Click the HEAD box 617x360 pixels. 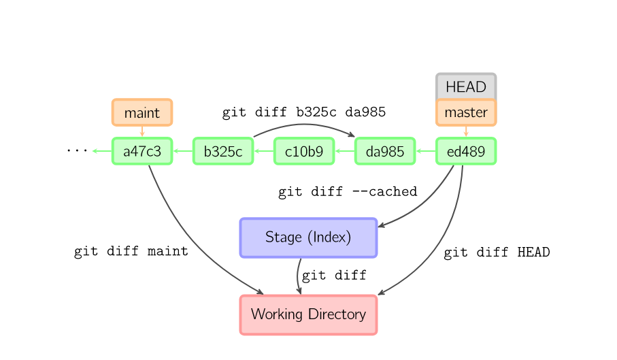pyautogui.click(x=466, y=86)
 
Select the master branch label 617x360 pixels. pyautogui.click(x=466, y=112)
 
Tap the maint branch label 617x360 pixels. pyautogui.click(x=142, y=112)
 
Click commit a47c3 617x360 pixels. pyautogui.click(x=142, y=151)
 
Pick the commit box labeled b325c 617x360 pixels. pyautogui.click(x=223, y=151)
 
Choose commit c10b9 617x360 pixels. pyautogui.click(x=304, y=151)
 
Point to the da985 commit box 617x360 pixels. pyautogui.click(x=385, y=151)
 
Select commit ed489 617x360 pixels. pyautogui.click(x=466, y=151)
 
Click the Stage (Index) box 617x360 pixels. pyautogui.click(x=308, y=238)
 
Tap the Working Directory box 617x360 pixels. pyautogui.click(x=308, y=314)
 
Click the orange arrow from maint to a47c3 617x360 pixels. pyautogui.click(x=142, y=131)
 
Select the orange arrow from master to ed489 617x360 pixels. pyautogui.click(x=466, y=131)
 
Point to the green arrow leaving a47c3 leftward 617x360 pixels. pyautogui.click(x=101, y=151)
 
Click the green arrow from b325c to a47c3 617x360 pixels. pyautogui.click(x=182, y=151)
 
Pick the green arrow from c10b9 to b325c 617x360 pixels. pyautogui.click(x=263, y=151)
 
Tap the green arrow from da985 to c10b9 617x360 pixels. pyautogui.click(x=344, y=151)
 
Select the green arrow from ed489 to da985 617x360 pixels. pyautogui.click(x=425, y=151)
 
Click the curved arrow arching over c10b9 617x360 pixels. pyautogui.click(x=304, y=125)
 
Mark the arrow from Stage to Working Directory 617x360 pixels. pyautogui.click(x=298, y=276)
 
